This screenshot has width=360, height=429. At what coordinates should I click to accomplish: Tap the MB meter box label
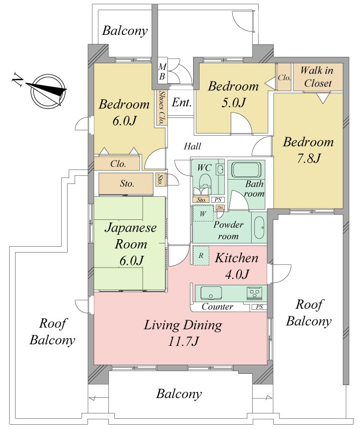click(x=163, y=71)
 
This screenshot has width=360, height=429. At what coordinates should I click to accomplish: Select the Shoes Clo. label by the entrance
click(x=162, y=108)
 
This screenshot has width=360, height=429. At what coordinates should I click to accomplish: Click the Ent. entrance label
click(x=181, y=102)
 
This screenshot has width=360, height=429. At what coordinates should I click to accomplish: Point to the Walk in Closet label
click(x=318, y=77)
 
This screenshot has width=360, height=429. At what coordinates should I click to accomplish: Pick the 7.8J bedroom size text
click(x=308, y=158)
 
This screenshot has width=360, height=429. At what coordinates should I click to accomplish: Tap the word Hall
click(x=192, y=146)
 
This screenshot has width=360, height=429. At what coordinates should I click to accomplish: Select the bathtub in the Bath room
click(x=247, y=170)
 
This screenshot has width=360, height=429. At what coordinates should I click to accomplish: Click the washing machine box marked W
click(x=203, y=213)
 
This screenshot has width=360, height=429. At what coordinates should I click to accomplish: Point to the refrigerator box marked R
click(x=201, y=256)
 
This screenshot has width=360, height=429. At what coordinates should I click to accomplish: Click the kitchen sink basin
click(x=211, y=293)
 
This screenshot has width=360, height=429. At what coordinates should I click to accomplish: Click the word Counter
click(x=217, y=307)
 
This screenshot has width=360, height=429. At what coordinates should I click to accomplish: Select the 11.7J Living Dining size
click(x=183, y=342)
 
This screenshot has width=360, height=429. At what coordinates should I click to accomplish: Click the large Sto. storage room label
click(x=127, y=183)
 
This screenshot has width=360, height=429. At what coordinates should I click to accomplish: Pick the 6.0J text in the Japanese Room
click(x=131, y=261)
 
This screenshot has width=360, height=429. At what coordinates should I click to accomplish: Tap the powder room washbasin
click(x=259, y=227)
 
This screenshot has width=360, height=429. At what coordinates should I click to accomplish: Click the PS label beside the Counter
click(x=259, y=307)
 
